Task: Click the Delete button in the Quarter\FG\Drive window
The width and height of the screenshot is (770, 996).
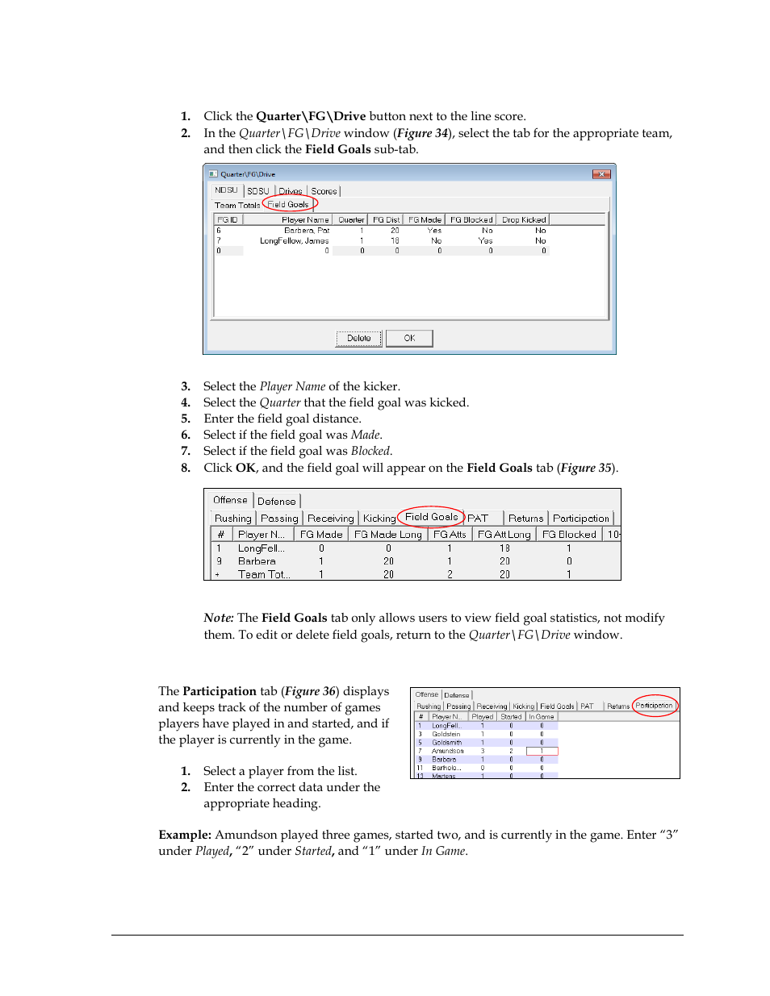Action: (358, 338)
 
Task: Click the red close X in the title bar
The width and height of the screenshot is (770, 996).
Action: (601, 174)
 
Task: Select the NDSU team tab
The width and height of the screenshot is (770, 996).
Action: (226, 190)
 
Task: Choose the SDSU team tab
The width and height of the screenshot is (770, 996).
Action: (258, 191)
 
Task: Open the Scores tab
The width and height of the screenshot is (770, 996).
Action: (324, 191)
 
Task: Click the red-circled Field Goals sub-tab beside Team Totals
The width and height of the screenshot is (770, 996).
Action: (288, 205)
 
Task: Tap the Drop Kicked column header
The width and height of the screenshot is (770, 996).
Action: (523, 219)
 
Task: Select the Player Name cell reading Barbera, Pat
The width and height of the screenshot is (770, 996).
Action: (307, 231)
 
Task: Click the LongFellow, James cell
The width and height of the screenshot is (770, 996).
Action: (294, 240)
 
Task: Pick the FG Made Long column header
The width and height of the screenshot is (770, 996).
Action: (387, 535)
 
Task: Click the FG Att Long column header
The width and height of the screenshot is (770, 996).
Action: (504, 535)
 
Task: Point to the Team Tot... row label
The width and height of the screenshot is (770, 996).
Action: (263, 574)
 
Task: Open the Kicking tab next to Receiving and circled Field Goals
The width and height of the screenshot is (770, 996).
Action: (379, 519)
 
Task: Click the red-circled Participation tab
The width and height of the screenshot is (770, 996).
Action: (654, 706)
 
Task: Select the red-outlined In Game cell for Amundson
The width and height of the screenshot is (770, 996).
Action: (542, 751)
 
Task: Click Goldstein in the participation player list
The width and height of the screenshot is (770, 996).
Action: (446, 734)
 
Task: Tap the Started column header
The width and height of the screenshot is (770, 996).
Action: (511, 716)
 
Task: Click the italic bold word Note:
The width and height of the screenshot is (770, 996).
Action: (219, 618)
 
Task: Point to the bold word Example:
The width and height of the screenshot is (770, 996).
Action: (185, 835)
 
